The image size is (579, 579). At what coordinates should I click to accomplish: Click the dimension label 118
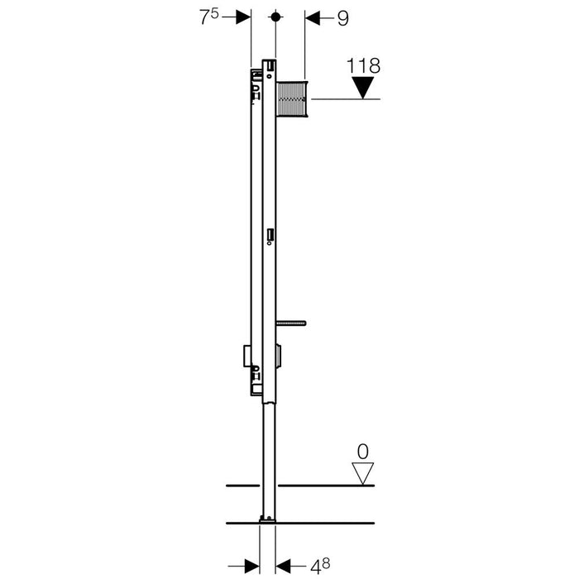pyautogui.click(x=363, y=65)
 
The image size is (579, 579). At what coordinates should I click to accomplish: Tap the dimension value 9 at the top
pyautogui.click(x=342, y=18)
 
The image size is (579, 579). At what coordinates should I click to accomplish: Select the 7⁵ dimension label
pyautogui.click(x=209, y=17)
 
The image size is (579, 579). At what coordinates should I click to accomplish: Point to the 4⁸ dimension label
pyautogui.click(x=320, y=566)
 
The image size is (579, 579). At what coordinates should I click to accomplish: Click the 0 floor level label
pyautogui.click(x=363, y=452)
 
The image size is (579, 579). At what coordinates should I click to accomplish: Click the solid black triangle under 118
pyautogui.click(x=363, y=88)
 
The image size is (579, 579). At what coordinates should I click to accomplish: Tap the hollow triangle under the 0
pyautogui.click(x=363, y=473)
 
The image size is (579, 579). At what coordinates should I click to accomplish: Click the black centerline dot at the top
pyautogui.click(x=275, y=17)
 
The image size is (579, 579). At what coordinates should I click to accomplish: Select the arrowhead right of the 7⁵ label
pyautogui.click(x=243, y=17)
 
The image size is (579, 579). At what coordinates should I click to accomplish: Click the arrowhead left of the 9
pyautogui.click(x=313, y=17)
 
